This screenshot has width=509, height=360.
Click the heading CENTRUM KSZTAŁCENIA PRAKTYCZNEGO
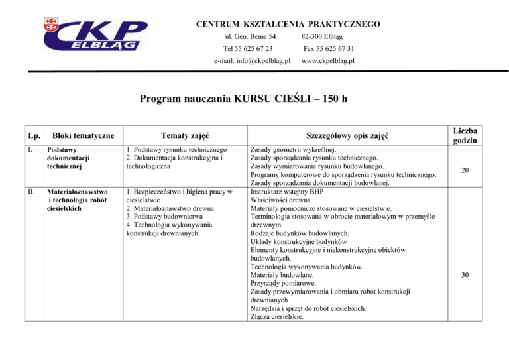288,25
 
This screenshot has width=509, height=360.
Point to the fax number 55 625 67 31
329,48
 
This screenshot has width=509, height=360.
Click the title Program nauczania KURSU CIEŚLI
243,100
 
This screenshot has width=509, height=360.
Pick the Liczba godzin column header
466,135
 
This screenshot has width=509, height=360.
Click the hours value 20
466,170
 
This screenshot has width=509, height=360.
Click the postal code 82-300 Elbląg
327,36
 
